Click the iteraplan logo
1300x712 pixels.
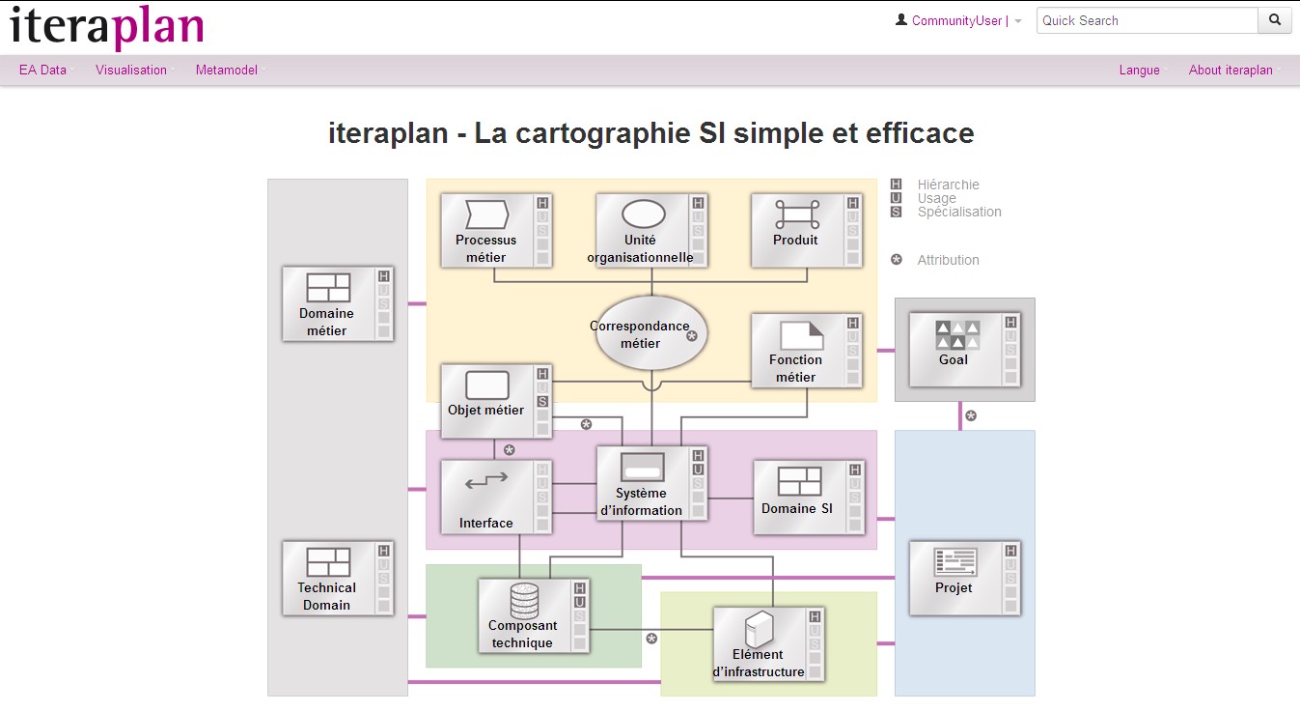(107, 27)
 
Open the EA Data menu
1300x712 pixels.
(42, 70)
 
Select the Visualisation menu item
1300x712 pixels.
(131, 70)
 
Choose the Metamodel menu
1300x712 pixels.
(227, 70)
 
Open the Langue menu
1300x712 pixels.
(1139, 70)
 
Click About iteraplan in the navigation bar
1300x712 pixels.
(1231, 70)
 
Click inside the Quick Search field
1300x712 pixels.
(1147, 20)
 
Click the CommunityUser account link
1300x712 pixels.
(956, 21)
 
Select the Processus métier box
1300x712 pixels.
(496, 231)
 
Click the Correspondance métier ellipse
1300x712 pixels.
(651, 332)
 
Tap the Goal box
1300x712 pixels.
(964, 350)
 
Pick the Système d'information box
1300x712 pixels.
(651, 483)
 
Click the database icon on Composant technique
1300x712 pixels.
(524, 601)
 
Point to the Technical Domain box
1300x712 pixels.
(338, 579)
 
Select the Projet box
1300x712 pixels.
(964, 579)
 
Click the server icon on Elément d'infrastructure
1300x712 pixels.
(760, 628)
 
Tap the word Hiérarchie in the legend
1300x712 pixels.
(949, 185)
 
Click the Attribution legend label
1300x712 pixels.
(949, 260)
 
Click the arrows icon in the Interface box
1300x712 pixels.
(486, 480)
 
